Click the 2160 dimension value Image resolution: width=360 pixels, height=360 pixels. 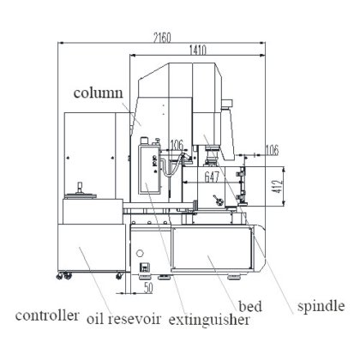pyautogui.click(x=162, y=38)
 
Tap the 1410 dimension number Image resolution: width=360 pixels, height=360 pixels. pyautogui.click(x=198, y=51)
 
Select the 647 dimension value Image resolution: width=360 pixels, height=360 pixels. pyautogui.click(x=212, y=177)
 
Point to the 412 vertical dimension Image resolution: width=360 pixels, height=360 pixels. pyautogui.click(x=278, y=186)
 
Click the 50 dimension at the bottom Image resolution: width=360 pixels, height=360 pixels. pyautogui.click(x=148, y=288)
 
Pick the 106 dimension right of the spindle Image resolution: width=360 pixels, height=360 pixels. pyautogui.click(x=272, y=150)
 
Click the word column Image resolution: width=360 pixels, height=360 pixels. pyautogui.click(x=98, y=93)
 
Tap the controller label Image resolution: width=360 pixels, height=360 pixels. pyautogui.click(x=47, y=315)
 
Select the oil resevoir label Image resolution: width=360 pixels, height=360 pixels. pyautogui.click(x=123, y=319)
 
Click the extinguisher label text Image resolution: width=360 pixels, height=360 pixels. pyautogui.click(x=209, y=320)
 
